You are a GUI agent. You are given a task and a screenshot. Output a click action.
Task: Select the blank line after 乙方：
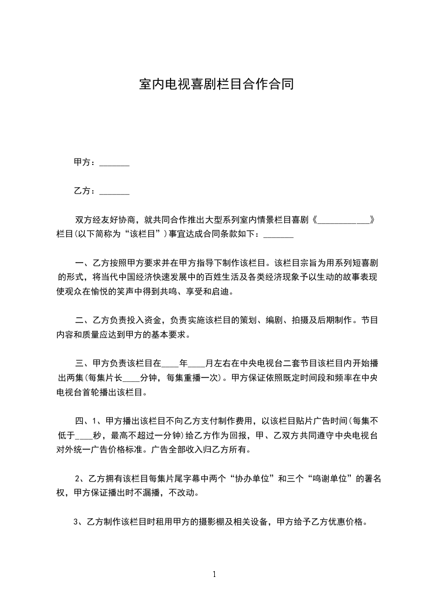114,191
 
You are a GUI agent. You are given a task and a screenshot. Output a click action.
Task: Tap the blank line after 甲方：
114,163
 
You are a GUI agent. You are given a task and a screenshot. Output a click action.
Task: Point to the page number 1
214,574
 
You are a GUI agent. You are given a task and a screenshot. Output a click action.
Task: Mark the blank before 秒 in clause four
85,435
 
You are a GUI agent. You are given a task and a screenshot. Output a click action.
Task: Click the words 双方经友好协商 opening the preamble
106,221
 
